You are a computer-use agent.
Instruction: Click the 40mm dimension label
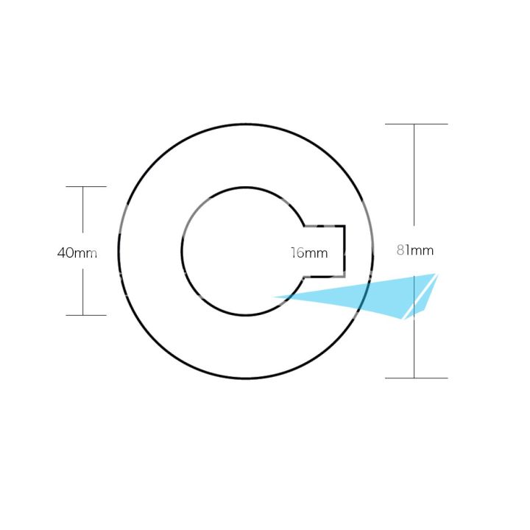[77, 252]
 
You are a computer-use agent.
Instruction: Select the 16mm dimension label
[309, 252]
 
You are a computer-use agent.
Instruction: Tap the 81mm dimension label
[415, 250]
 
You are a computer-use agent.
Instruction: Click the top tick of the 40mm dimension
[86, 186]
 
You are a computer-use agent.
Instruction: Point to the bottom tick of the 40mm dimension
[86, 315]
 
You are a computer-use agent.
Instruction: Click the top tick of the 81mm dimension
[417, 124]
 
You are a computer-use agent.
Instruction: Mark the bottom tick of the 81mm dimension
[417, 378]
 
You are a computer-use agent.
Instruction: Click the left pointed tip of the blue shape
[273, 297]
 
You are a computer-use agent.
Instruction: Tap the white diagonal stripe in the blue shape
[420, 297]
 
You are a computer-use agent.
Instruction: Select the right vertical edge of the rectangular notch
[344, 251]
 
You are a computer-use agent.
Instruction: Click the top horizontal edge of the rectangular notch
[325, 226]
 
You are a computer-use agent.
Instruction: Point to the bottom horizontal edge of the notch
[324, 277]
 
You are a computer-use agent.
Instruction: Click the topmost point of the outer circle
[246, 124]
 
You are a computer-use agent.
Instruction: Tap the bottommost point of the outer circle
[246, 378]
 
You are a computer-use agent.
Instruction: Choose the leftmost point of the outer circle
[119, 251]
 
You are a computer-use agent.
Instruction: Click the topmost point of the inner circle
[246, 187]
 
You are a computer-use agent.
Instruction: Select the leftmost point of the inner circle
[182, 251]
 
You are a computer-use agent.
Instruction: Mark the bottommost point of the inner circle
[246, 315]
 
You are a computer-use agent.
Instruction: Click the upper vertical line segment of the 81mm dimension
[414, 174]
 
